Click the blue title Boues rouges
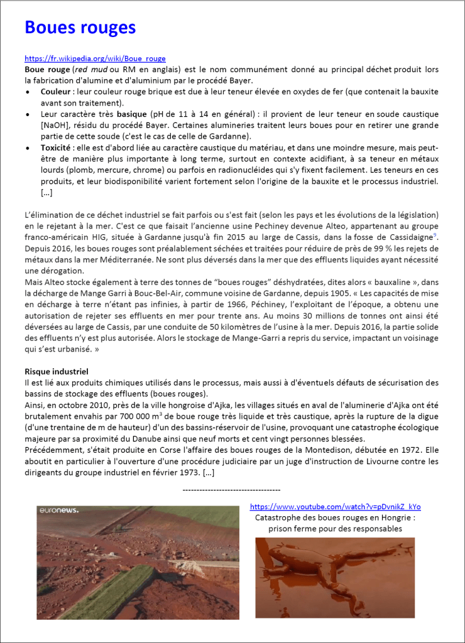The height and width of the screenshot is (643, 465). coord(80,28)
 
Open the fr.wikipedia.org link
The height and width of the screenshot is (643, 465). coord(95,58)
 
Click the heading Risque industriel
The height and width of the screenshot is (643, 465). coord(57,371)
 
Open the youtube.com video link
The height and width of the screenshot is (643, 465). coord(335,507)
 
